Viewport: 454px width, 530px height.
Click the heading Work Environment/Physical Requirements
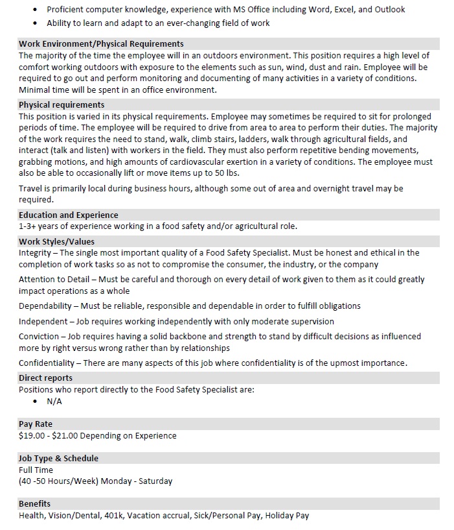coord(101,44)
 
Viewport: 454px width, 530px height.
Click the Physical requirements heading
coord(62,104)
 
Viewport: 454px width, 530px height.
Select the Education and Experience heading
coord(68,215)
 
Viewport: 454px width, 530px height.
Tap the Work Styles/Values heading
coord(56,242)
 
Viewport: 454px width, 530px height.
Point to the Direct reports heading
coord(45,378)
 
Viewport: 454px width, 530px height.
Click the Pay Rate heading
coord(36,424)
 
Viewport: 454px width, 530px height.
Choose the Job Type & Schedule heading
coord(58,458)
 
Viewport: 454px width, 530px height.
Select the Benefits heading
coord(34,503)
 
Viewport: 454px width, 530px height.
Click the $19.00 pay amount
coord(31,436)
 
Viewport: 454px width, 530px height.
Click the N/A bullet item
coord(54,402)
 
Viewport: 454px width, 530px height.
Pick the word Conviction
coord(38,337)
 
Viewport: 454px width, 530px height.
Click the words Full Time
coord(36,470)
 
